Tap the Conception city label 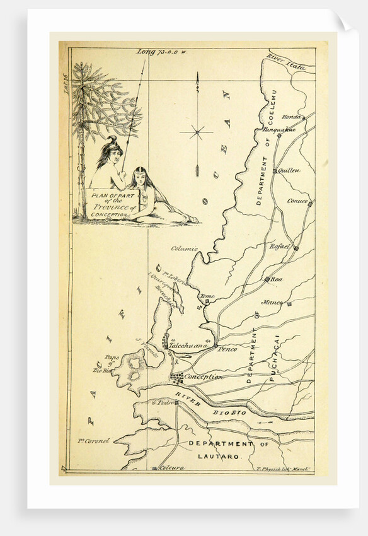203,376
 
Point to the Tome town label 207,296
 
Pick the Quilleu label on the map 290,170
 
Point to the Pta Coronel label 95,440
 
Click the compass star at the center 197,132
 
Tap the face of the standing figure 110,149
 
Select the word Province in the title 111,207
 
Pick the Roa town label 277,278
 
